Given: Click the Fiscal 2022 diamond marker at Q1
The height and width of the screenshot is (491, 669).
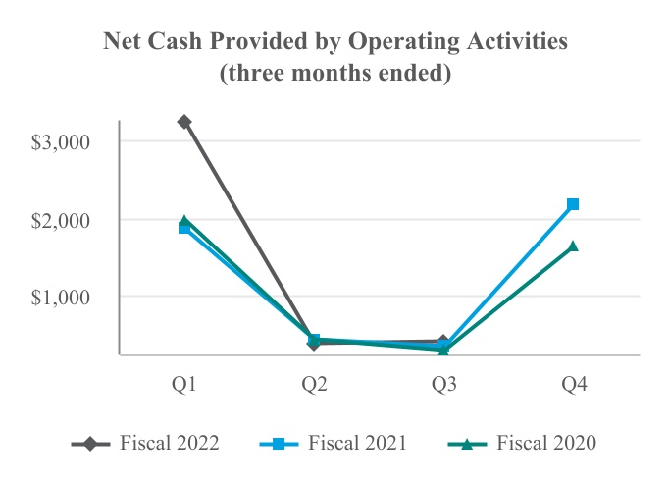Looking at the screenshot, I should click(x=183, y=122).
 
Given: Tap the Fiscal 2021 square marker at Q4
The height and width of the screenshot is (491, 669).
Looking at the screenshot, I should click(x=573, y=204).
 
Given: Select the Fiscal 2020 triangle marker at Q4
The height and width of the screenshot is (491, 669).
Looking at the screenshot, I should click(x=573, y=246).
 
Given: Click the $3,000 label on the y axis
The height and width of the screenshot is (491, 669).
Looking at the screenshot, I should click(x=61, y=141).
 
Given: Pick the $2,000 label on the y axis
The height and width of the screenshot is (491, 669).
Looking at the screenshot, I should click(x=61, y=219).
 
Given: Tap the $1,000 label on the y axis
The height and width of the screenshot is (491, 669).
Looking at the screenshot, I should click(x=61, y=297).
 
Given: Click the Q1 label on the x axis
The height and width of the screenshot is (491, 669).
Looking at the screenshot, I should click(x=183, y=386).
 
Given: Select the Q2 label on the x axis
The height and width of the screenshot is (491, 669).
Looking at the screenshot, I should click(x=314, y=386).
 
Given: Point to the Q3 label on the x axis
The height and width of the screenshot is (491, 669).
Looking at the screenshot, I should click(x=443, y=386).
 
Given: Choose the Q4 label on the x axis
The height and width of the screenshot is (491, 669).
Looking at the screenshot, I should click(x=574, y=386).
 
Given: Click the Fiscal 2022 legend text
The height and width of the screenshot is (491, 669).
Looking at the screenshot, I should click(x=170, y=443).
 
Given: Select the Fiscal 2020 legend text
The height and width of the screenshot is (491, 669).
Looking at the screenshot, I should click(x=546, y=443).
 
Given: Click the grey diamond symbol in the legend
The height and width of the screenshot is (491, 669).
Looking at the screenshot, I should click(x=91, y=444).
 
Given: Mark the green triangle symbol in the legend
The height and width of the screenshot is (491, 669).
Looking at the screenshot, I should click(x=468, y=444).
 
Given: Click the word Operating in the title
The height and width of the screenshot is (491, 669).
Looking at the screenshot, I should click(x=388, y=44).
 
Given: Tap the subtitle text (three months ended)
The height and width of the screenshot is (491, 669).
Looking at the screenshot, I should click(x=334, y=75).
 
